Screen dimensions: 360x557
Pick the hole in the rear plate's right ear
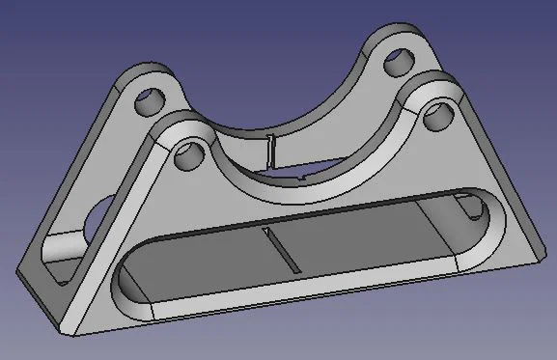click(395, 65)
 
